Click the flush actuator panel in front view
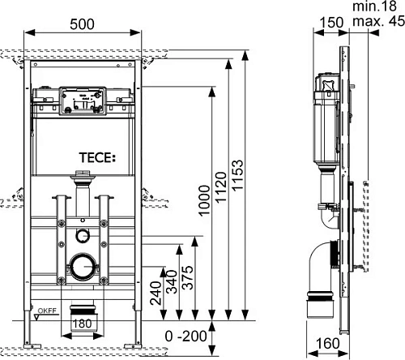pyautogui.click(x=79, y=103)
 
